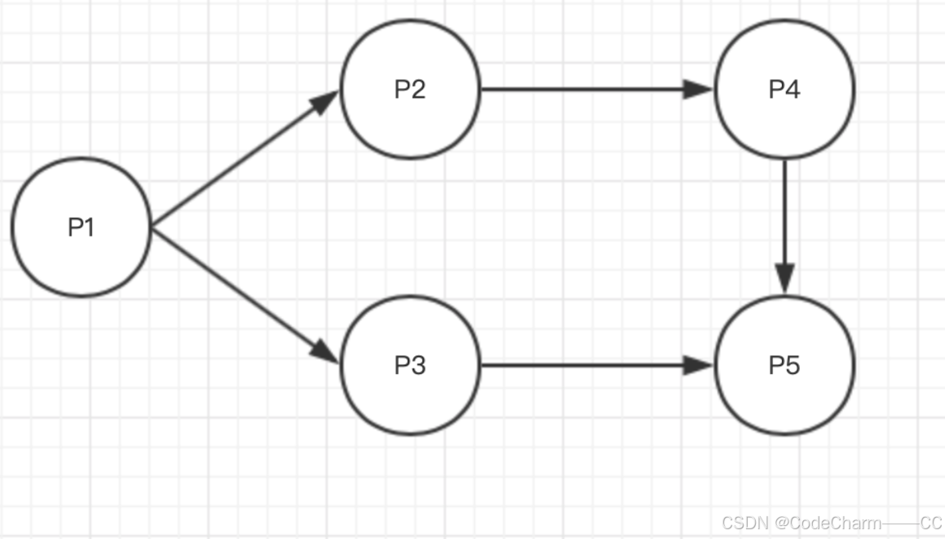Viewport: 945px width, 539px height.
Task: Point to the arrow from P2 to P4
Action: pyautogui.click(x=587, y=89)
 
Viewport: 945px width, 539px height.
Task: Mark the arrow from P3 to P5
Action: pyautogui.click(x=587, y=365)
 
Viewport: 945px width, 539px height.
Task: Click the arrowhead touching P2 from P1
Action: pyautogui.click(x=326, y=101)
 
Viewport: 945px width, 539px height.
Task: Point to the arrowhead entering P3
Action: pyautogui.click(x=326, y=351)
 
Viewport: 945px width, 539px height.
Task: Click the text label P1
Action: pyautogui.click(x=81, y=228)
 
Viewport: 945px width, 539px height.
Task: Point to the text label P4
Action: pyautogui.click(x=784, y=89)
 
